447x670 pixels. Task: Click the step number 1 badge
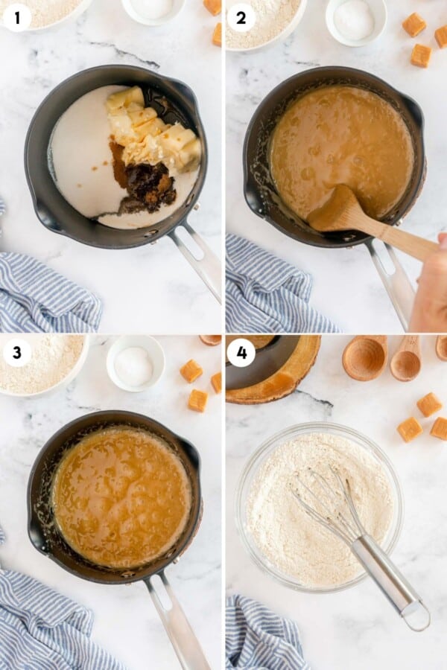[16, 16]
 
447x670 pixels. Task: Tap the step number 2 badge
[241, 16]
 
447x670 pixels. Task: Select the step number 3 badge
[16, 351]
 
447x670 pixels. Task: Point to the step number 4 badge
[241, 351]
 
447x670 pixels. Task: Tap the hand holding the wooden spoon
[431, 287]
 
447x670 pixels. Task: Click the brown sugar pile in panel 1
[148, 186]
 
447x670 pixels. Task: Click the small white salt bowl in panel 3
[135, 363]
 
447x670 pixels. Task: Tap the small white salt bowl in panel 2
[355, 19]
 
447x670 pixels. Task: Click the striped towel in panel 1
[45, 294]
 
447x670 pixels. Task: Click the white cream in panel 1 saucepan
[82, 164]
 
